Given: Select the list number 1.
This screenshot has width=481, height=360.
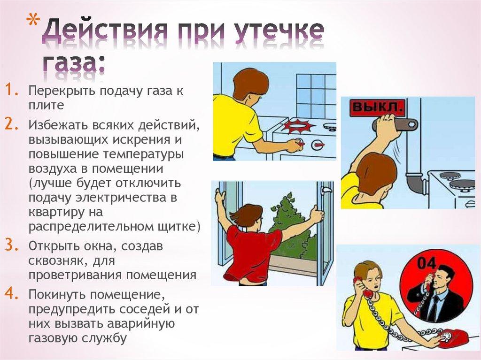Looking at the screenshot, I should [x=11, y=91].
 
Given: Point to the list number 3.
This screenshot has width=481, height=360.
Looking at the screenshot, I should [x=11, y=245].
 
